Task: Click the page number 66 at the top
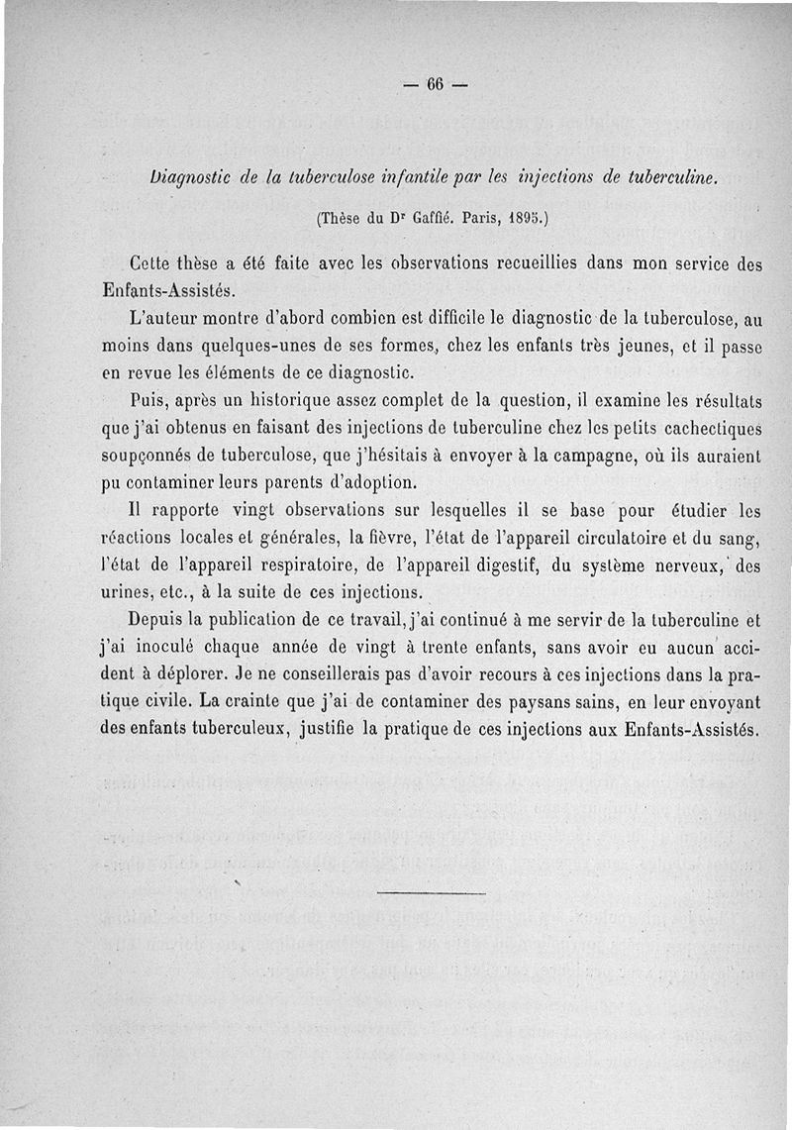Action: point(435,84)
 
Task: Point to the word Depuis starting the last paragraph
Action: point(160,621)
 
